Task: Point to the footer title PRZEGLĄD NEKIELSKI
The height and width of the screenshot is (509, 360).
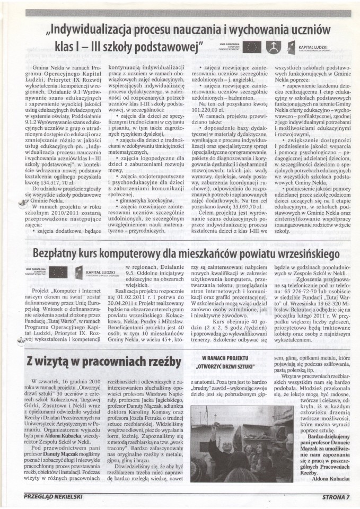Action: coord(55,497)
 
